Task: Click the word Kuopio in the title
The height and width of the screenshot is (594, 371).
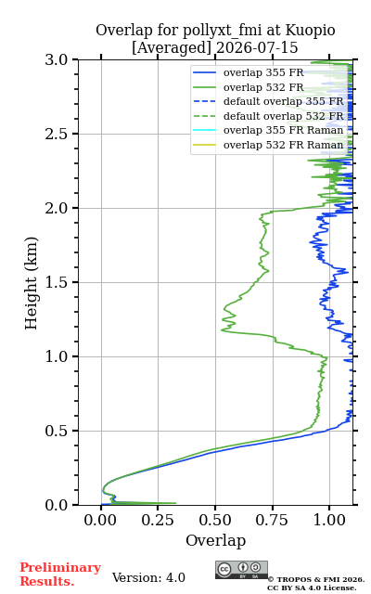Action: point(310,31)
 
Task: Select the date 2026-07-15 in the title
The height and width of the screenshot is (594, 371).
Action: point(257,47)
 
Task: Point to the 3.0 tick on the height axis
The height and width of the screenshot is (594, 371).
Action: point(57,59)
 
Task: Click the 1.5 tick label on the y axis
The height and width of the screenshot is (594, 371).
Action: point(57,282)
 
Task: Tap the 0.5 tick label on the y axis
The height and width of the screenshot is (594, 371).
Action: point(57,431)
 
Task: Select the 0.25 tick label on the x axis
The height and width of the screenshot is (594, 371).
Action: point(158,520)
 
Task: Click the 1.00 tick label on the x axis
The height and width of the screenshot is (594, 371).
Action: point(329,520)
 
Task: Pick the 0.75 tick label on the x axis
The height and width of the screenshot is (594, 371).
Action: point(272,520)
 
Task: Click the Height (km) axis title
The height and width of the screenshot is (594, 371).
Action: point(31,283)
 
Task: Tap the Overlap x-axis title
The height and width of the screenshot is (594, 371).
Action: point(216,540)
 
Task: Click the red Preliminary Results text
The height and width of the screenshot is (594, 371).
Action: point(60,575)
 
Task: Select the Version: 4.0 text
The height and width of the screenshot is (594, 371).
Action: point(148,577)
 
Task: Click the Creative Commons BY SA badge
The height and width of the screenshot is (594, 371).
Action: point(241,570)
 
